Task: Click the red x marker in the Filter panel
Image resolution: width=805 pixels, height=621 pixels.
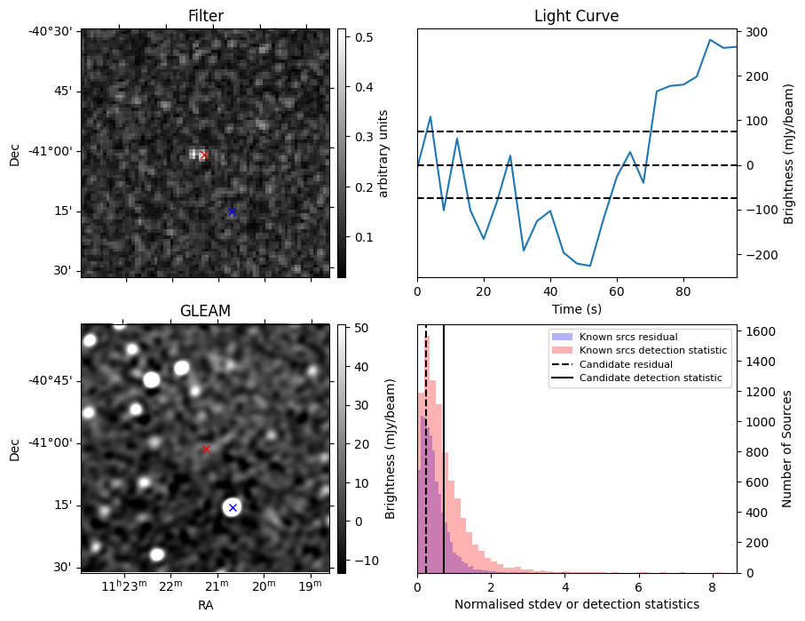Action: click(x=204, y=155)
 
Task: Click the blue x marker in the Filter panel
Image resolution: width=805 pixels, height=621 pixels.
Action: click(x=232, y=211)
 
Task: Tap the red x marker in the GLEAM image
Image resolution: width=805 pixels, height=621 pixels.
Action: click(x=206, y=449)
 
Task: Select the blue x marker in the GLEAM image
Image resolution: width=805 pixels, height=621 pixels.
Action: click(x=233, y=507)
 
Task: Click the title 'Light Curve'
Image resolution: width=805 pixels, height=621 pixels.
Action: click(x=576, y=16)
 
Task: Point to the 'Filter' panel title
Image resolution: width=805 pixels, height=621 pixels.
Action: click(x=206, y=16)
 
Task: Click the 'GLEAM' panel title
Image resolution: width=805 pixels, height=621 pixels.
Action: click(x=205, y=311)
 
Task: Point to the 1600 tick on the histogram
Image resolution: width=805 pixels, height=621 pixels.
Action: click(x=759, y=331)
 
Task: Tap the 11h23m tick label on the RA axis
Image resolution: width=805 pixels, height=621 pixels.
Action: click(x=122, y=585)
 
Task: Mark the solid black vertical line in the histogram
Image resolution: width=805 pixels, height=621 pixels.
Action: click(x=444, y=444)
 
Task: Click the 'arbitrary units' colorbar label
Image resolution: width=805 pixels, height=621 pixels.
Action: click(x=383, y=153)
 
